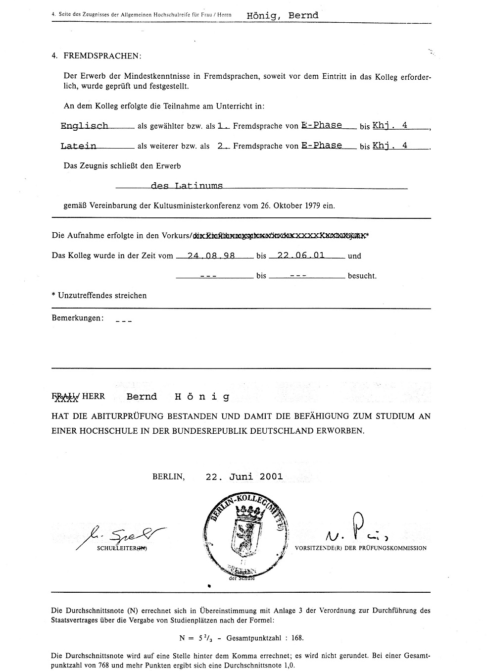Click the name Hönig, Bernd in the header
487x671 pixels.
pyautogui.click(x=282, y=15)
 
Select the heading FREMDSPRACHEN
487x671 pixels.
pyautogui.click(x=102, y=56)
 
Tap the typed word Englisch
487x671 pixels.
pyautogui.click(x=84, y=126)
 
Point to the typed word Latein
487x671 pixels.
pyautogui.click(x=78, y=146)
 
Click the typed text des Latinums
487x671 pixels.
pyautogui.click(x=187, y=186)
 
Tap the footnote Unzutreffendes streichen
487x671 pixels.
pyautogui.click(x=102, y=296)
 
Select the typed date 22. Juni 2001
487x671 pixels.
pyautogui.click(x=244, y=476)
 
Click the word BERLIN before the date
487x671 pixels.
pyautogui.click(x=169, y=477)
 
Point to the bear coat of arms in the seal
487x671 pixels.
pyautogui.click(x=244, y=535)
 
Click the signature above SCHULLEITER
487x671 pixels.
pyautogui.click(x=121, y=534)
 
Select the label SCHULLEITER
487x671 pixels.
pyautogui.click(x=123, y=548)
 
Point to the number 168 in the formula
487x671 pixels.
pyautogui.click(x=296, y=638)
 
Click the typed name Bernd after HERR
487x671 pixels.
pyautogui.click(x=142, y=397)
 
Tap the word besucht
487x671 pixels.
pyautogui.click(x=362, y=276)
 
